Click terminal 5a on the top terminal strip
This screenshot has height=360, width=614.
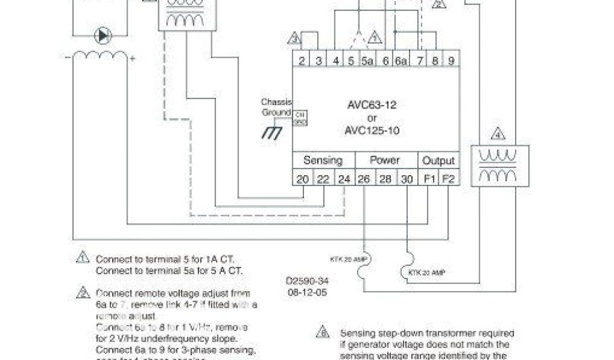(x=368, y=61)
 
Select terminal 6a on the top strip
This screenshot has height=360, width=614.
(x=401, y=61)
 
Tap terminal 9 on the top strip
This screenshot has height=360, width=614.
(x=450, y=61)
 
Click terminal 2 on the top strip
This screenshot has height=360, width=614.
(x=302, y=61)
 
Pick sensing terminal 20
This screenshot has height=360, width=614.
(x=303, y=179)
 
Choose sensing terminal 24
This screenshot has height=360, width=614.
(x=344, y=179)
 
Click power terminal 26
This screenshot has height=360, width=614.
(x=364, y=179)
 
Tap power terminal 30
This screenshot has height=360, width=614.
(x=407, y=179)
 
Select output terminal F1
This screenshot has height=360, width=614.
(x=429, y=179)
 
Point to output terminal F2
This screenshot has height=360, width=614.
(x=449, y=179)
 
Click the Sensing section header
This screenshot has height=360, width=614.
(x=323, y=161)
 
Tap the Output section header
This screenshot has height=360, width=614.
(x=439, y=161)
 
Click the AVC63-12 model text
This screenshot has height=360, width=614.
(x=372, y=105)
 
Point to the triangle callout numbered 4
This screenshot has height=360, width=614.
(x=498, y=134)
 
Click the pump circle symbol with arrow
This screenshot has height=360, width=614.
(x=103, y=35)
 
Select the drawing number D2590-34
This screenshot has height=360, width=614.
(x=307, y=280)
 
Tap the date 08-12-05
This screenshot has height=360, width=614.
(x=306, y=292)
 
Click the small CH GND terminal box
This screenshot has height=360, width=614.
(x=300, y=118)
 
